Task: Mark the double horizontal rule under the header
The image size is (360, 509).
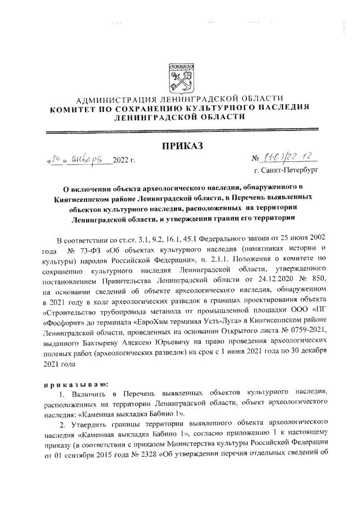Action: [179, 130]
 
